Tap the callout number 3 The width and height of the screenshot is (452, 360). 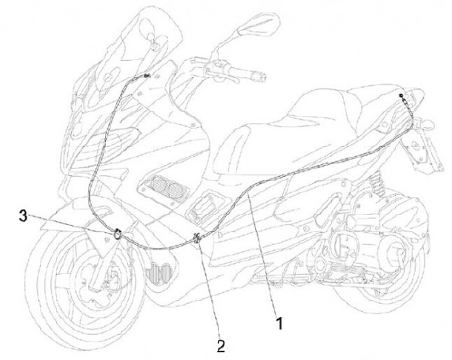coord(23,217)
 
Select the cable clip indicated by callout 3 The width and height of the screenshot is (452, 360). coord(118,235)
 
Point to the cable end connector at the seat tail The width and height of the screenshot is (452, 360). coord(402,96)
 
